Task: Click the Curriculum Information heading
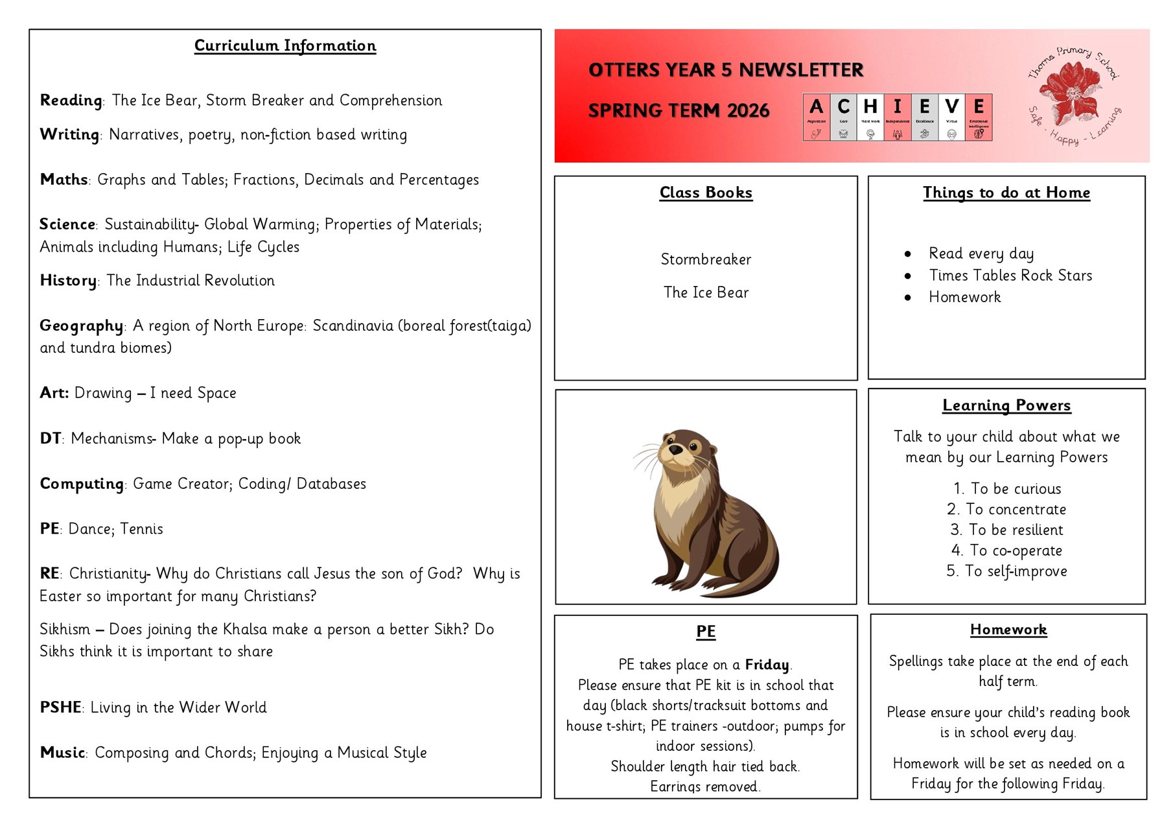click(x=285, y=46)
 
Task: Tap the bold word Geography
click(x=81, y=326)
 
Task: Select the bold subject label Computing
click(x=82, y=484)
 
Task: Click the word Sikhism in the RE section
click(x=65, y=629)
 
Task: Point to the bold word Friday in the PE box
click(x=767, y=665)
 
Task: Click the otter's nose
click(x=675, y=449)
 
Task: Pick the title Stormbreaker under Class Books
click(x=706, y=259)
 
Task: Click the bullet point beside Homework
click(x=908, y=298)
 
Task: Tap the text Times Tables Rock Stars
click(x=1010, y=276)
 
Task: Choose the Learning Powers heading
click(x=1006, y=405)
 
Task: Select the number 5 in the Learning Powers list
click(x=952, y=571)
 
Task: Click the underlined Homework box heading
click(x=1008, y=630)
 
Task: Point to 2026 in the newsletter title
click(x=748, y=111)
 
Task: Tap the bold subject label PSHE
click(x=60, y=707)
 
